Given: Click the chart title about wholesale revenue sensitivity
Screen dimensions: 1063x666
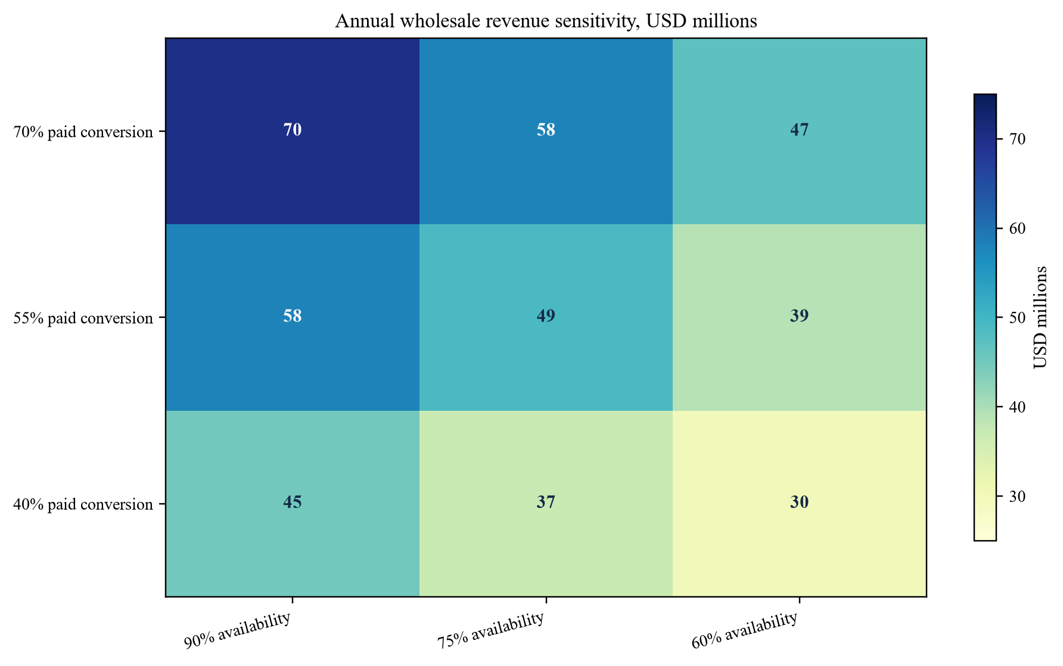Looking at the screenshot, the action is pyautogui.click(x=546, y=21).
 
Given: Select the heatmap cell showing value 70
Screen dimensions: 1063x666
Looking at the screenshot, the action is pyautogui.click(x=293, y=131).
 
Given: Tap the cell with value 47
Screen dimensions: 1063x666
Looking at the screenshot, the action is pyautogui.click(x=800, y=131).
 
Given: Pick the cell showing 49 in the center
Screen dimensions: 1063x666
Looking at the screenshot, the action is pyautogui.click(x=546, y=317).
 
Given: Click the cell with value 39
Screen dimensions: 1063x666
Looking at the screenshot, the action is pyautogui.click(x=800, y=317).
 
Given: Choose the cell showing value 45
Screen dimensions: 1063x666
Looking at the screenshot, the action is pyautogui.click(x=293, y=503).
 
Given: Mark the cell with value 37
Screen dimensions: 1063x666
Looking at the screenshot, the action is pyautogui.click(x=546, y=503).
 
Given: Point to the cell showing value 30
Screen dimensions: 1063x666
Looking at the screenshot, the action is pyautogui.click(x=800, y=503).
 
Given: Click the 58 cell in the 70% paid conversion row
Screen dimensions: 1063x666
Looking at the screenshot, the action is pyautogui.click(x=546, y=131).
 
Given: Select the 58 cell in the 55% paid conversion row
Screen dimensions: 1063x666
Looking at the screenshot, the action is pyautogui.click(x=293, y=317).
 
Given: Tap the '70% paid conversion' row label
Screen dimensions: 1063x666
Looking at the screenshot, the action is pyautogui.click(x=83, y=132).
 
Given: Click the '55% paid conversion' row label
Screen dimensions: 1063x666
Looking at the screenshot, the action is pyautogui.click(x=83, y=318).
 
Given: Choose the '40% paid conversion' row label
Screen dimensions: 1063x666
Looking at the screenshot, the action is pyautogui.click(x=83, y=504).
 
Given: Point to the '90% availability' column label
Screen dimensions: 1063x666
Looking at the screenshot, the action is pyautogui.click(x=238, y=630).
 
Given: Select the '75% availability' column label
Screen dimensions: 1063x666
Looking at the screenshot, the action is pyautogui.click(x=491, y=630).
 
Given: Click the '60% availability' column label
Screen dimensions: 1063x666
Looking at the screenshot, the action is pyautogui.click(x=745, y=630).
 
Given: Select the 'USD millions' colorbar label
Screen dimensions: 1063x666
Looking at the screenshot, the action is pyautogui.click(x=1040, y=317).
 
